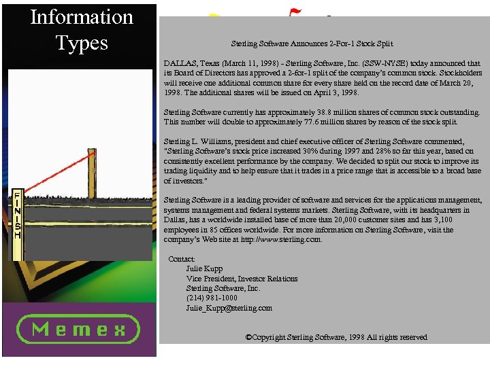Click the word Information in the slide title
82,17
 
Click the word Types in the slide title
82,43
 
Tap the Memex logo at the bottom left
78,330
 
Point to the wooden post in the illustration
92,173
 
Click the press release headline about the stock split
312,43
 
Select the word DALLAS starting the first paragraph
178,63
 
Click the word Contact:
182,259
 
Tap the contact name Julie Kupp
204,268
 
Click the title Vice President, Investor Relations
242,278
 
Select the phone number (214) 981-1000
212,298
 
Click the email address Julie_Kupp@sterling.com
229,307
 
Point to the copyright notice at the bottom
336,337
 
